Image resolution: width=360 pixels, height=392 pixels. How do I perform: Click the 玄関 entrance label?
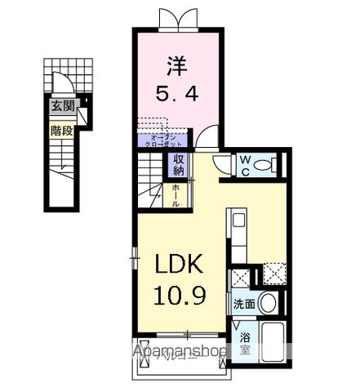pos(63,105)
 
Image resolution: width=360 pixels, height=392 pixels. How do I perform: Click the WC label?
pos(244,164)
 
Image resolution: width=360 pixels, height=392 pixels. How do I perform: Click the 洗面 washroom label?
pos(245,302)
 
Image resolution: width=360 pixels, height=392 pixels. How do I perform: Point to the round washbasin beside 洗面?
pos(269,303)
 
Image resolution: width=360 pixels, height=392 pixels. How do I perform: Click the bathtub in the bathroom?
pos(271,343)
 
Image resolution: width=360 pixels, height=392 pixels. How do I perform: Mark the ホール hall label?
pos(176,193)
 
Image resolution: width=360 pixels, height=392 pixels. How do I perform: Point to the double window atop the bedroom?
pos(180,17)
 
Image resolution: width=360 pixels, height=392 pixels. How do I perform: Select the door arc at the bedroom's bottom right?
pos(209,139)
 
